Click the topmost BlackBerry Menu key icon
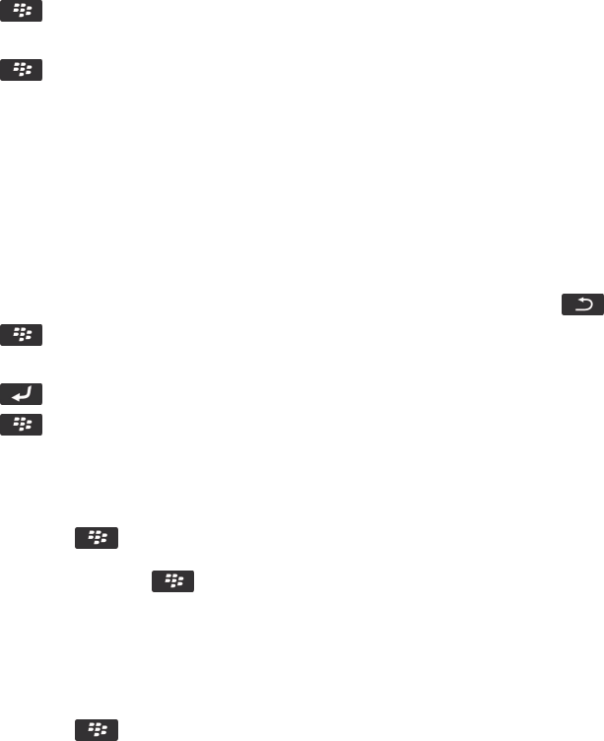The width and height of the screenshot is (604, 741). coord(22,12)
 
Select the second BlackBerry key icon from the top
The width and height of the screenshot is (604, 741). coord(22,70)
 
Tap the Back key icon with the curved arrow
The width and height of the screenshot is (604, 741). coord(582,306)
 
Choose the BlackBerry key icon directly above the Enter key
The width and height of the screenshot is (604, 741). coord(22,336)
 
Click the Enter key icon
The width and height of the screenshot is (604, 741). coord(22,395)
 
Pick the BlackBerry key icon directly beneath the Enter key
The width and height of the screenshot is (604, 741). coord(22,425)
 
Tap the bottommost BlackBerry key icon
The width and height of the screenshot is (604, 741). coord(97,730)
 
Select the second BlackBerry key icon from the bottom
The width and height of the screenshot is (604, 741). coord(172,582)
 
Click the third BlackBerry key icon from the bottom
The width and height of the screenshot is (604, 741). coord(97,538)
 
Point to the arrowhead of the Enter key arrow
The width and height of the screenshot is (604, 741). coord(15,397)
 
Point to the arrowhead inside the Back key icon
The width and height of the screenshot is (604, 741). coord(576,303)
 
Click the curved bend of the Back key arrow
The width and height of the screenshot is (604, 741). coord(590,306)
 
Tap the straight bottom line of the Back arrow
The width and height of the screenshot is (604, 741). coord(582,310)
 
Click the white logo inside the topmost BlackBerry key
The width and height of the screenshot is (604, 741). coord(22,12)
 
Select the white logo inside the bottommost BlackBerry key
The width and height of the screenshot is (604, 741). coord(97,730)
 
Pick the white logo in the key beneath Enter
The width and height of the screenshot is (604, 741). coord(22,425)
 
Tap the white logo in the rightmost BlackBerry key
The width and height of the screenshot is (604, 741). coord(172,582)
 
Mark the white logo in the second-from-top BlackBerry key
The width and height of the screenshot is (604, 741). coord(22,70)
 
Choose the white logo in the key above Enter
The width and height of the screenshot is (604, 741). coord(22,336)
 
